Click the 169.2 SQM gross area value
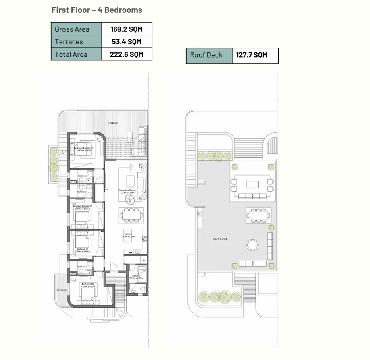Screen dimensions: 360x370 pyautogui.click(x=127, y=29)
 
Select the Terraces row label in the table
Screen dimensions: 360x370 pyautogui.click(x=69, y=42)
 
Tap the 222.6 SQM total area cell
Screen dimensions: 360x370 pyautogui.click(x=127, y=54)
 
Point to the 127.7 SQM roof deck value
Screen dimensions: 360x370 pyautogui.click(x=252, y=55)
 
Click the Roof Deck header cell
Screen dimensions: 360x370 pyautogui.click(x=206, y=55)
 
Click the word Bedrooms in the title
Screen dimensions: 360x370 pyautogui.click(x=123, y=10)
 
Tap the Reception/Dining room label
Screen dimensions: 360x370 pyautogui.click(x=128, y=190)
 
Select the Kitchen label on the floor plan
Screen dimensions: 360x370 pyautogui.click(x=128, y=235)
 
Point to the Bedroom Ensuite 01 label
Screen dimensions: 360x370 pyautogui.click(x=83, y=149)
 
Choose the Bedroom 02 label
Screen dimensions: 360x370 pyautogui.click(x=87, y=285)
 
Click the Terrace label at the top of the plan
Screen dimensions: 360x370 pyautogui.click(x=113, y=123)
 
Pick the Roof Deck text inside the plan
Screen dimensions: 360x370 pyautogui.click(x=220, y=239)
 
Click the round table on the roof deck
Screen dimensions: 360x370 pyautogui.click(x=253, y=245)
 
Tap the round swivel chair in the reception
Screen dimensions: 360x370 pyautogui.click(x=130, y=199)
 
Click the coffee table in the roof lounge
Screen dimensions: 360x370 pyautogui.click(x=253, y=184)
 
